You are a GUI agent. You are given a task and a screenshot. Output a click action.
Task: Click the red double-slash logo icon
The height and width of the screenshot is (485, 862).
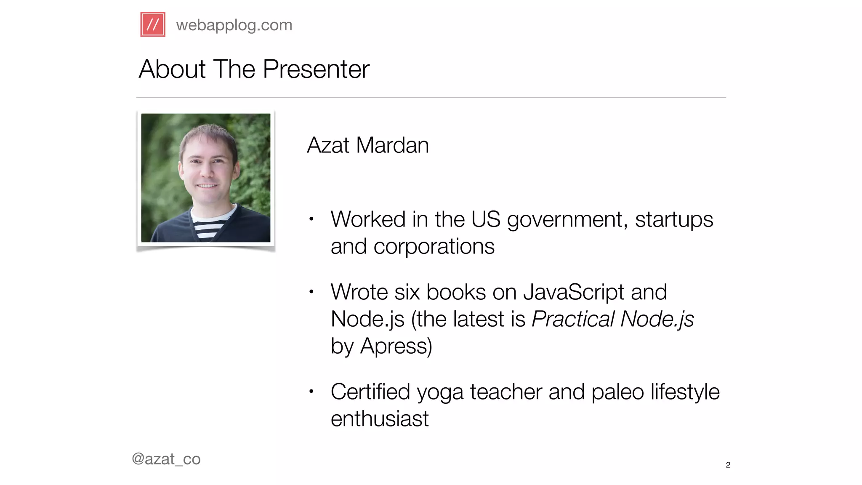(153, 24)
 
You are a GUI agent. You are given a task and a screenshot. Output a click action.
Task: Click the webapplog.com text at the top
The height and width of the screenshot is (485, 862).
(234, 25)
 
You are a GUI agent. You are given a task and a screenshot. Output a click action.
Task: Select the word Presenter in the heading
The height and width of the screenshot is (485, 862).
(316, 69)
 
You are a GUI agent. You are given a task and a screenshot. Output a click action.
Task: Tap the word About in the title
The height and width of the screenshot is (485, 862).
(172, 69)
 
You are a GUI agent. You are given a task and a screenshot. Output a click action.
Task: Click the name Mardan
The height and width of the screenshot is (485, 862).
(392, 145)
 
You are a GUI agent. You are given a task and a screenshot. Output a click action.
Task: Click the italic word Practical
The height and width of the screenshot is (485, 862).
(573, 319)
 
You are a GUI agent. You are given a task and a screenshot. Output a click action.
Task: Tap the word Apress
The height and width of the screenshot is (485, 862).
(396, 346)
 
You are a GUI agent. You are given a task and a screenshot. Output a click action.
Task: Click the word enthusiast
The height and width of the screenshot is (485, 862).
(379, 419)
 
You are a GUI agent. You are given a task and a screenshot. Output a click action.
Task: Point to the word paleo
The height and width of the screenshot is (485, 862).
(617, 392)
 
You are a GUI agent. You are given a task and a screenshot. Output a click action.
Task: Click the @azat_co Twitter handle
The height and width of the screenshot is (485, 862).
(166, 459)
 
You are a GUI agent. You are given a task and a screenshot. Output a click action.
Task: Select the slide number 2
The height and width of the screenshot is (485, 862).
(728, 465)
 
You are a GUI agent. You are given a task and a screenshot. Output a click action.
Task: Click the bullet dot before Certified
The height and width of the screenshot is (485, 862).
(311, 392)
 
